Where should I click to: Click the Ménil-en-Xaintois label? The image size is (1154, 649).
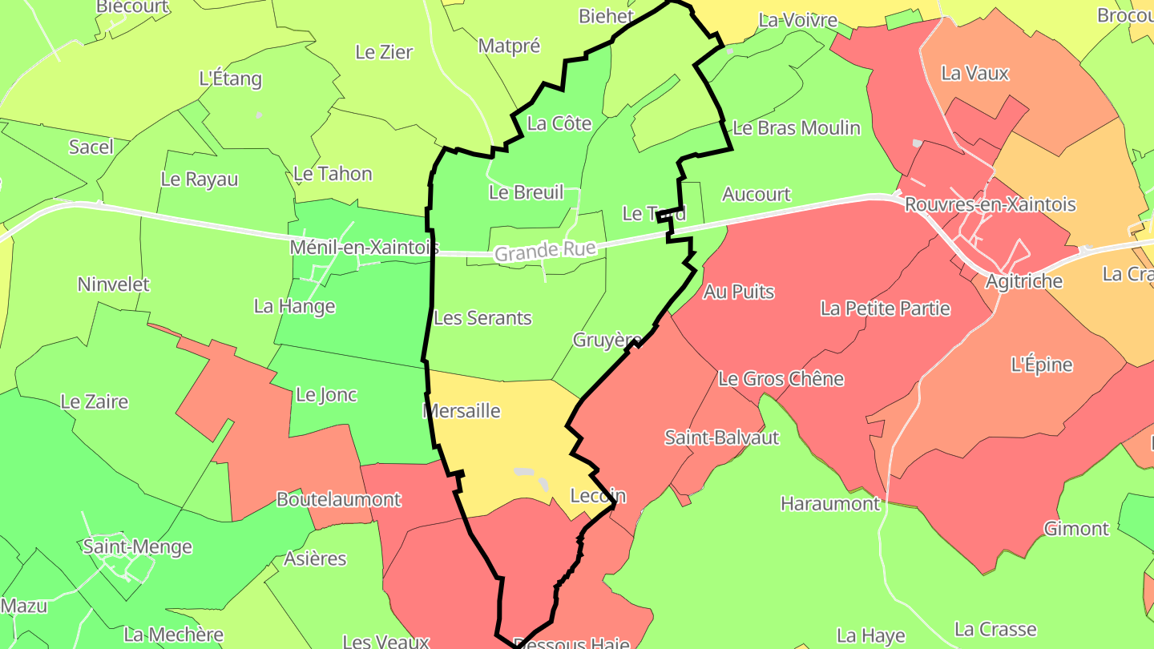point(364,248)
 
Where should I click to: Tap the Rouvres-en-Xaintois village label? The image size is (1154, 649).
point(990,204)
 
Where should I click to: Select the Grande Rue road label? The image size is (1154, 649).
point(545,252)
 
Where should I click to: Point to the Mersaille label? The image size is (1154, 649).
point(461,411)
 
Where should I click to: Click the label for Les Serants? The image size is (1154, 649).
point(482,318)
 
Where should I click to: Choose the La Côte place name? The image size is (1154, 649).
point(559,123)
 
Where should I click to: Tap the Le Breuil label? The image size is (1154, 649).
point(526,192)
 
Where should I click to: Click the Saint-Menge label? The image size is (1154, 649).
point(138,547)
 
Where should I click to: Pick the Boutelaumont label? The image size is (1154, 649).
point(338,499)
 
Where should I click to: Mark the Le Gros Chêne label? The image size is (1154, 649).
point(781,378)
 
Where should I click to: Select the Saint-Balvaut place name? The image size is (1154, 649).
point(721,437)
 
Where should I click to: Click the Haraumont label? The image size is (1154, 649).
point(830,504)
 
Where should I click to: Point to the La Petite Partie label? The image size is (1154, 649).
point(885,308)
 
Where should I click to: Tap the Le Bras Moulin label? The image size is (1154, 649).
point(796,128)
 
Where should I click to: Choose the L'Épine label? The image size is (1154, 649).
point(1041,365)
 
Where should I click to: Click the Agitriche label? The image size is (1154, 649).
point(1023,281)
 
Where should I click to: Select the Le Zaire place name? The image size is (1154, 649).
point(94,401)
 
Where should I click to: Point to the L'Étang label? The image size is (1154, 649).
point(230,79)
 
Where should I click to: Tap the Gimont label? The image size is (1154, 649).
point(1075,529)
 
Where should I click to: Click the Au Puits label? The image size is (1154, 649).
point(738,292)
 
